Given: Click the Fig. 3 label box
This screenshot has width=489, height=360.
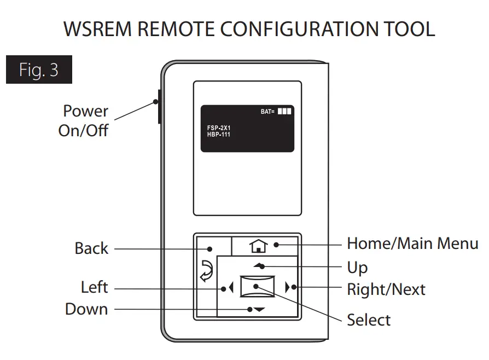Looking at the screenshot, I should [39, 69].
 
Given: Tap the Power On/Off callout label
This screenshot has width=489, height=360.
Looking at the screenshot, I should [84, 121].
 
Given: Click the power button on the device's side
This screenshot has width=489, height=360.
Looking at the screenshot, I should [159, 106].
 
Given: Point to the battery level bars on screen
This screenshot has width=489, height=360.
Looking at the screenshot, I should [284, 111].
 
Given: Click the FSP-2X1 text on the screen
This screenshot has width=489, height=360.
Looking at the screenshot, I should [219, 127].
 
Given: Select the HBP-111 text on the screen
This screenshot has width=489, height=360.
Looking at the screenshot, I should [219, 134].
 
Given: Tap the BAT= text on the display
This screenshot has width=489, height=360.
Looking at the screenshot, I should [267, 112].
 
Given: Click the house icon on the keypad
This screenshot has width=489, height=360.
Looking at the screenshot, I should [258, 247].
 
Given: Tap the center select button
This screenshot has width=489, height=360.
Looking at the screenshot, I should [258, 287].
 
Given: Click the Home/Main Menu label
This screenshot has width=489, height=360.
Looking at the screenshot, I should [412, 243].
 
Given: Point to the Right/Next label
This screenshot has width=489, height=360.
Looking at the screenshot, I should [386, 289].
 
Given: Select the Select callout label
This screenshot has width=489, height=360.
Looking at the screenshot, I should [369, 320].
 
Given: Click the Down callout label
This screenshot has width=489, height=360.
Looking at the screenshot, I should [86, 309].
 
